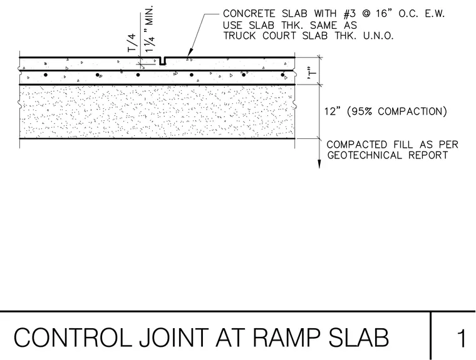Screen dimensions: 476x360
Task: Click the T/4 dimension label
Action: coord(132,43)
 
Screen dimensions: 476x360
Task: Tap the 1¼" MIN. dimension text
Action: coord(150,29)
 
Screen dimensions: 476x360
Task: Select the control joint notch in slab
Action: coord(163,61)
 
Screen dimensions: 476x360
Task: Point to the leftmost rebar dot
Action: coord(46,75)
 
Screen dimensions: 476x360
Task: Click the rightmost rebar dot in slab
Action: coord(282,75)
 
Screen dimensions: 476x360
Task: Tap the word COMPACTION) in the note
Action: coord(413,111)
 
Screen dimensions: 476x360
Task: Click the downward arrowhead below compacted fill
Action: coord(319,164)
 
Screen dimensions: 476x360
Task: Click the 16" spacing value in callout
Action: coord(384,14)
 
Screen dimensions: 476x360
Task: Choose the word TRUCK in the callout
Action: coord(239,36)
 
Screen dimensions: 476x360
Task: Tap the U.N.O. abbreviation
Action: coord(378,36)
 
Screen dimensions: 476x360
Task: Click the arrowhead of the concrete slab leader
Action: coord(189,53)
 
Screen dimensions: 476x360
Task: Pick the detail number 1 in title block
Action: coord(462,338)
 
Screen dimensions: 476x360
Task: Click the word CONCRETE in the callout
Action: coord(249,14)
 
